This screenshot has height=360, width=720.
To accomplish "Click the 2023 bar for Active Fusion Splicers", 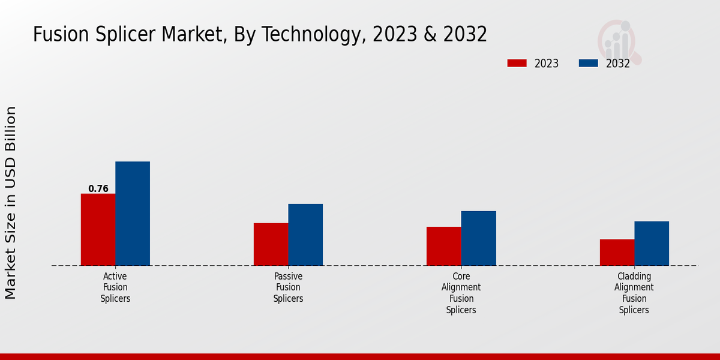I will click(98, 229).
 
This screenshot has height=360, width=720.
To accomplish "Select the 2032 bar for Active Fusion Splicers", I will click(133, 213).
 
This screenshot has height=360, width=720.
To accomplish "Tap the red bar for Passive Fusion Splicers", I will click(271, 244).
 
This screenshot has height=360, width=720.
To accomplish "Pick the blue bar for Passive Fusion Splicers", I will click(305, 235).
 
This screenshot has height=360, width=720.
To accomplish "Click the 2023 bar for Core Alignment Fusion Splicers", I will click(444, 246).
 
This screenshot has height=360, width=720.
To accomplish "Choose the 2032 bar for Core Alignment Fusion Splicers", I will click(479, 238).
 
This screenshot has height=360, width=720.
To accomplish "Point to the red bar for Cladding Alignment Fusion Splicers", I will click(617, 252).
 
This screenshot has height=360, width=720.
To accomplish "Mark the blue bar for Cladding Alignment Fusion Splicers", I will click(652, 243).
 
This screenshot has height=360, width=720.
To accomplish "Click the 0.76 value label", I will click(98, 188).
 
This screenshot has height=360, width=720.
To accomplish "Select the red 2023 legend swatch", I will click(517, 63).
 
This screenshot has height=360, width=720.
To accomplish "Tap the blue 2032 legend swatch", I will click(588, 63).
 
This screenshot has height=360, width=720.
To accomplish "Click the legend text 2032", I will click(617, 64).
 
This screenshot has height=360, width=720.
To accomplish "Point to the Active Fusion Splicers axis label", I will click(115, 287).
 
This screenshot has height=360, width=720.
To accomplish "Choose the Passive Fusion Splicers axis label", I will click(288, 287).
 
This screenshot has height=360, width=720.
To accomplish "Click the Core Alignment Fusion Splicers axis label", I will click(461, 293).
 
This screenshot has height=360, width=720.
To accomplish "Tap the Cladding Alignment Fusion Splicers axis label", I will click(634, 293).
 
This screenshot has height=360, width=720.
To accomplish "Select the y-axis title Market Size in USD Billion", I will click(11, 203).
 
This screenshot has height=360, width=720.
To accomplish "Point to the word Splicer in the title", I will click(125, 35).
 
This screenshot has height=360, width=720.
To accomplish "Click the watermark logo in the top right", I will click(619, 41).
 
